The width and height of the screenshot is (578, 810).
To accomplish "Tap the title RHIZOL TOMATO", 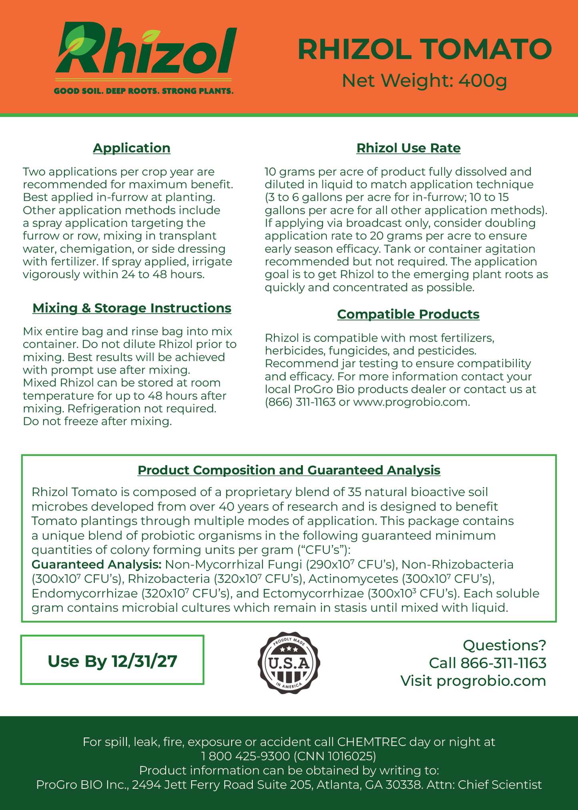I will pyautogui.click(x=424, y=49).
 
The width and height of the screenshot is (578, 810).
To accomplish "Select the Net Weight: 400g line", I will pyautogui.click(x=424, y=81).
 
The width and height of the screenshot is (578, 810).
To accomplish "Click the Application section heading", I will pyautogui.click(x=132, y=148).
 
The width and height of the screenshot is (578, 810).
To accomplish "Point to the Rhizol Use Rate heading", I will pyautogui.click(x=408, y=148).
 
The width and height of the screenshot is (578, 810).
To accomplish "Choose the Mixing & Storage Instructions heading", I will pyautogui.click(x=132, y=308).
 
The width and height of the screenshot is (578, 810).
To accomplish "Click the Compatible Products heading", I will pyautogui.click(x=408, y=314).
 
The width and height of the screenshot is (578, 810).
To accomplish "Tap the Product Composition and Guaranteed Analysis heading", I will pyautogui.click(x=289, y=470).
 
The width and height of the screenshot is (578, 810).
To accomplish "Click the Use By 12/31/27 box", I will pyautogui.click(x=112, y=661).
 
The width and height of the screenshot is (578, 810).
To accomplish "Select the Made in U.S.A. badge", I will pyautogui.click(x=289, y=663).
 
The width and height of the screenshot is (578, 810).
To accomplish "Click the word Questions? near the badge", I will pyautogui.click(x=504, y=645).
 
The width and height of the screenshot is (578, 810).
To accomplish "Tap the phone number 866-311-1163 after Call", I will pyautogui.click(x=503, y=663).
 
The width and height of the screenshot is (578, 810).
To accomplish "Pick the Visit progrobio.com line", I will pyautogui.click(x=473, y=681).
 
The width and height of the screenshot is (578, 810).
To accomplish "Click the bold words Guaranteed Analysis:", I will pyautogui.click(x=96, y=565).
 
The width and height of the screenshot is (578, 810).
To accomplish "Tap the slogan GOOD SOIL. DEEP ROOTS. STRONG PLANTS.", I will pyautogui.click(x=144, y=91).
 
